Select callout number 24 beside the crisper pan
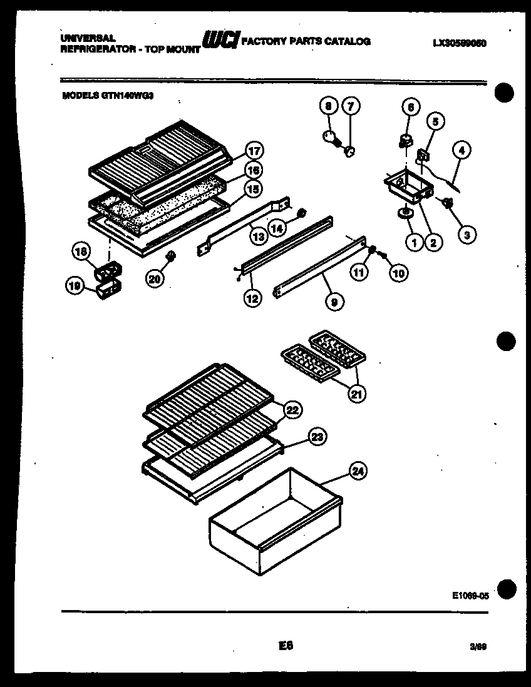358,471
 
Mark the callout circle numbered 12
252,299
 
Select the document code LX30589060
460,43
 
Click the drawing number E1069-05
469,597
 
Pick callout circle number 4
461,150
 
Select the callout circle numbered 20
155,280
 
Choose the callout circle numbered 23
317,437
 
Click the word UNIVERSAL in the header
88,38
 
